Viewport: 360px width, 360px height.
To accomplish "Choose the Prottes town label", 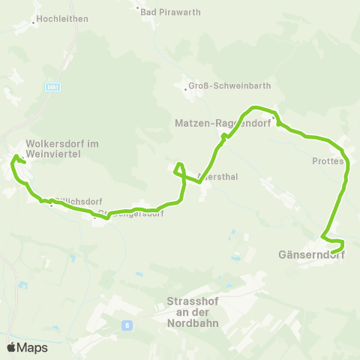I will point(327,160).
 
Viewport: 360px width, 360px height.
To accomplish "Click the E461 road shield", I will point(52,88).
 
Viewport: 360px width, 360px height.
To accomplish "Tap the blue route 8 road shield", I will point(127,325).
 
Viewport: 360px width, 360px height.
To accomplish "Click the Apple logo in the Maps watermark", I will point(11,347).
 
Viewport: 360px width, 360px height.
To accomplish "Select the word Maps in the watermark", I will point(32,347).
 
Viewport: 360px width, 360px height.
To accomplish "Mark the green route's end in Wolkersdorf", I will point(25,163).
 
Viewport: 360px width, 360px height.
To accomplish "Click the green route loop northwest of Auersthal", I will point(179,169).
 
